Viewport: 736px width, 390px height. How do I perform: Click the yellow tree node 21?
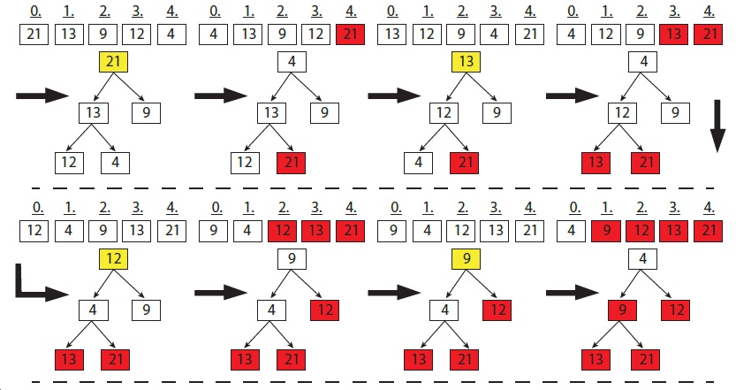point(113,63)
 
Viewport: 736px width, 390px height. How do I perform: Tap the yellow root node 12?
point(113,259)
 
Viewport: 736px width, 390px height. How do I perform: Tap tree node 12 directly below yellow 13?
point(444,113)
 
